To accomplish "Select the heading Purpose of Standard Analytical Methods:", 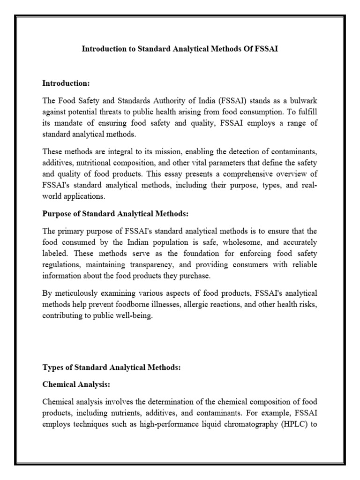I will (115, 214).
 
